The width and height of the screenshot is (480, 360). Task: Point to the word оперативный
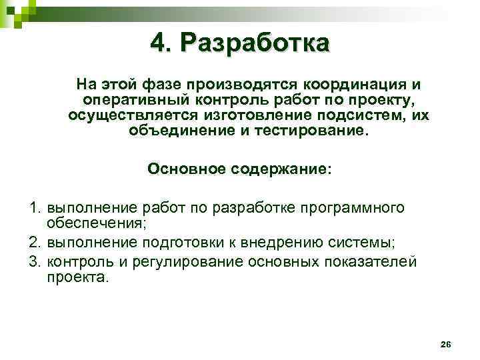click(133, 101)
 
